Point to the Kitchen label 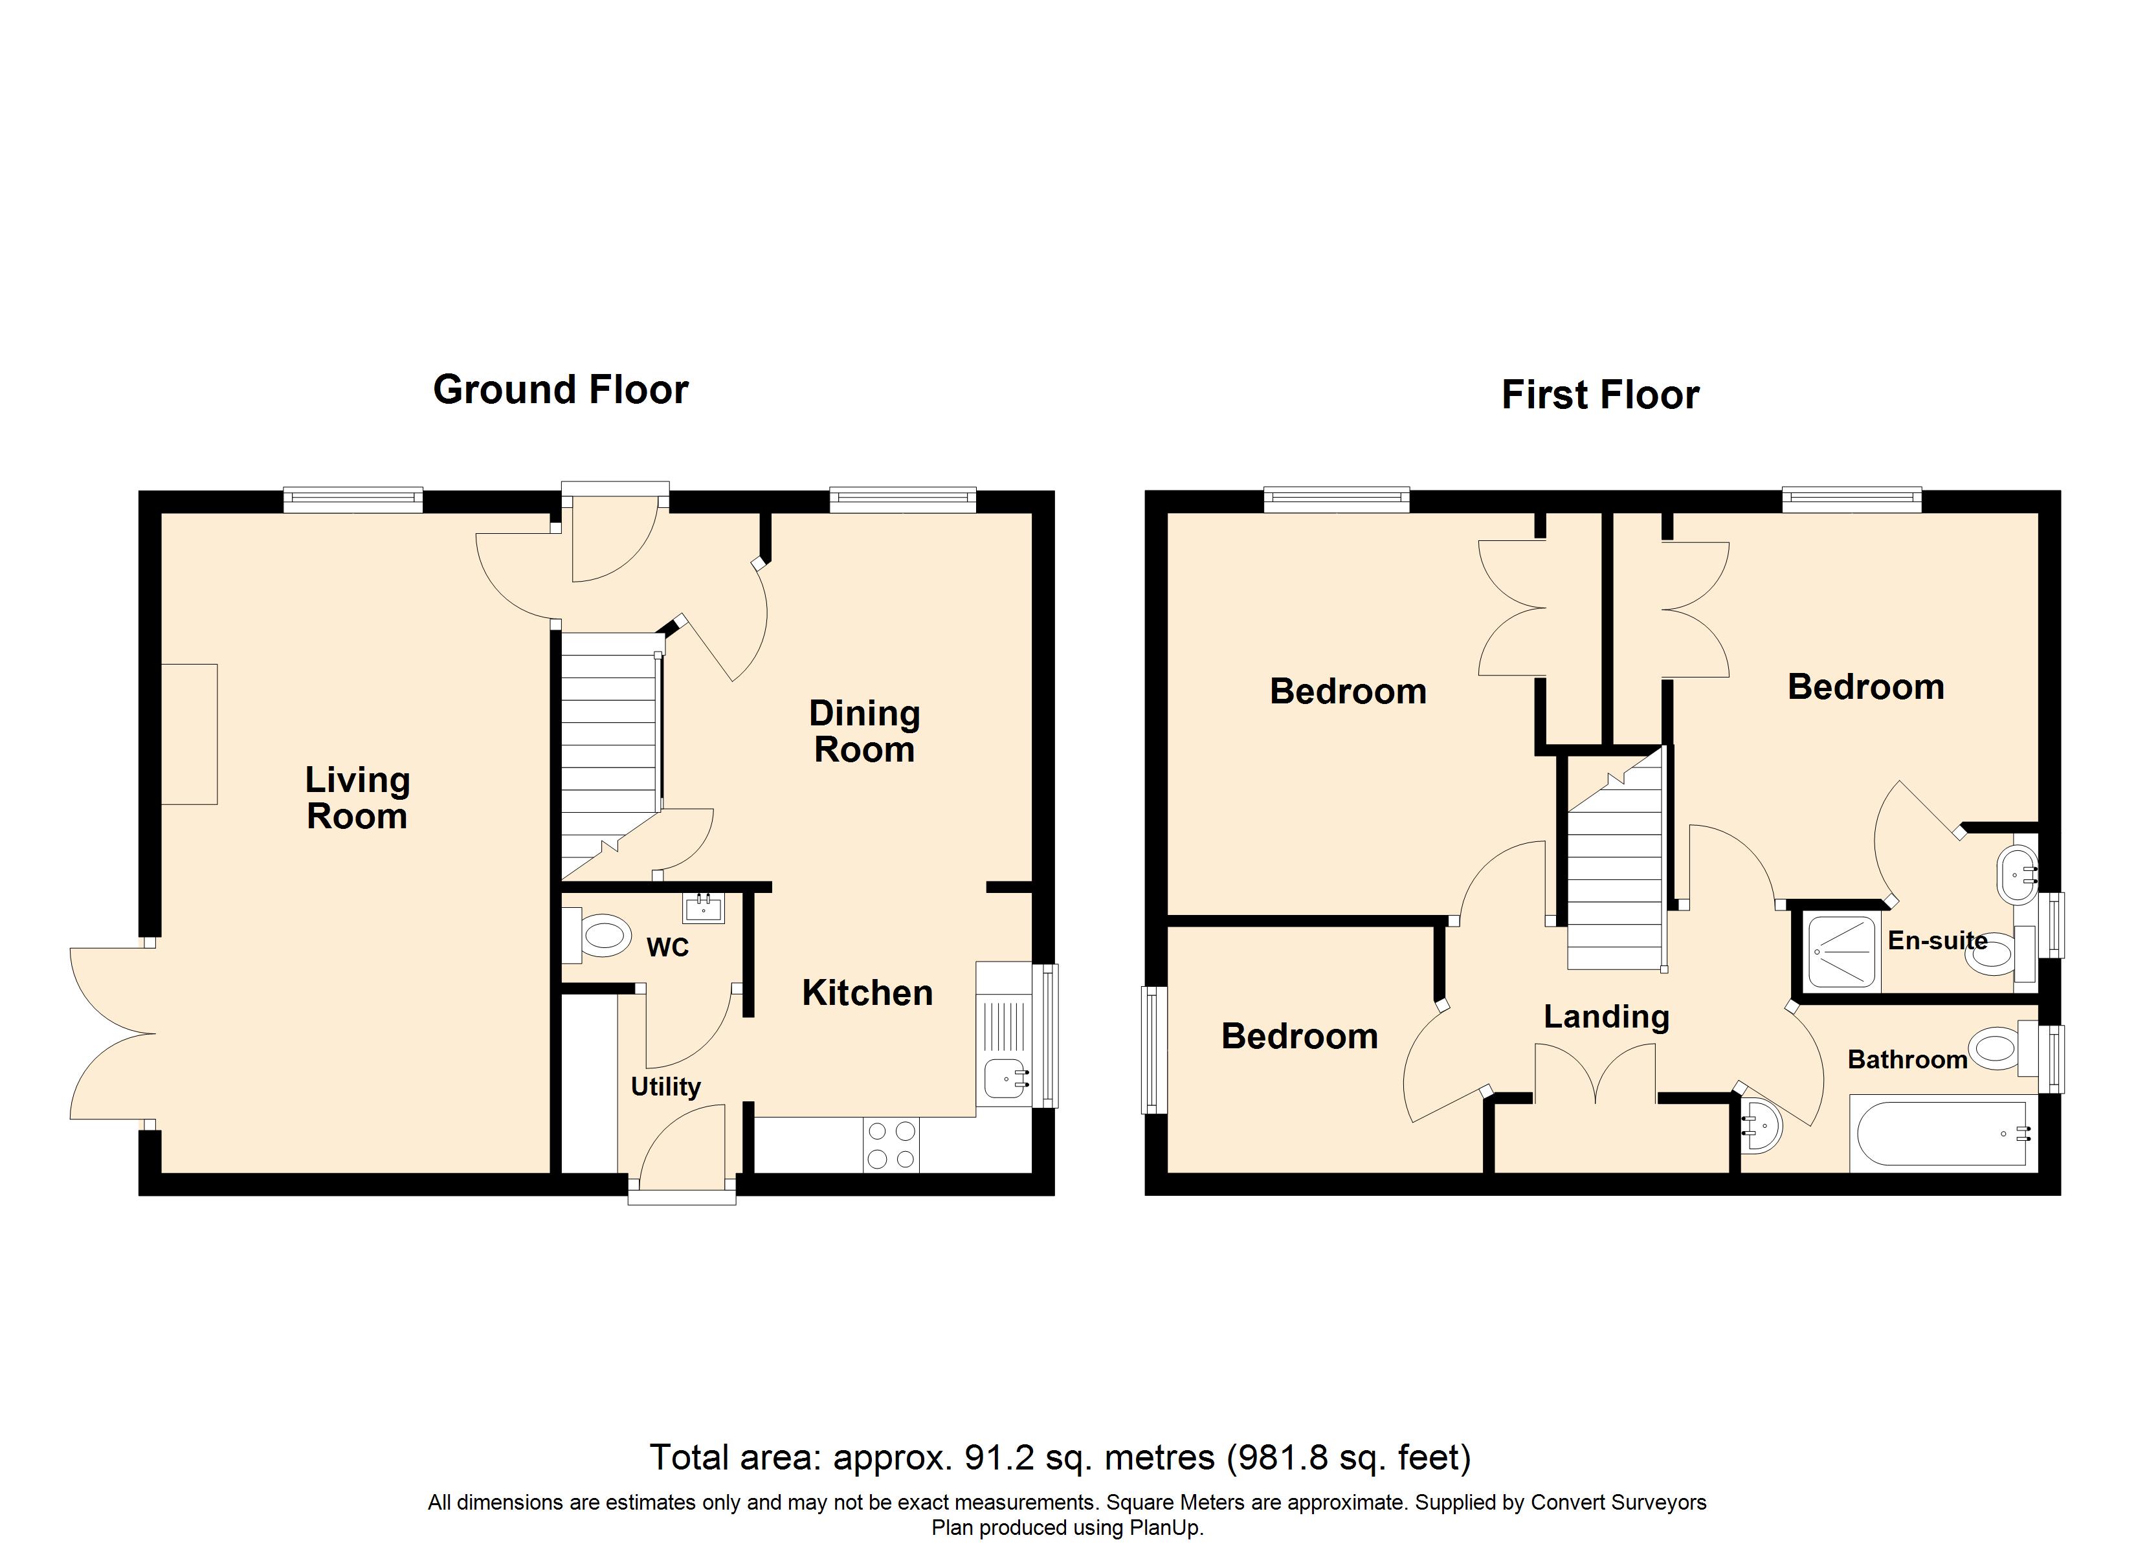(867, 993)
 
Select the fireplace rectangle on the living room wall (189, 734)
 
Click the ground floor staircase (608, 744)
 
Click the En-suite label (1937, 940)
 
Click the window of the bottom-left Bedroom (1153, 1048)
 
